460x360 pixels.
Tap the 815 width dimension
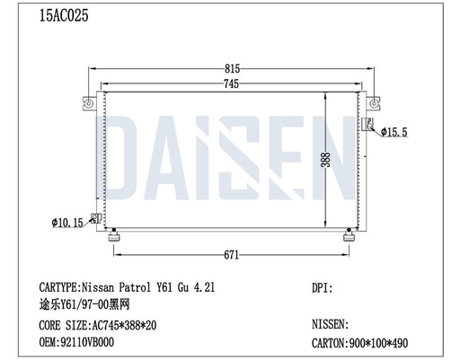[231, 68]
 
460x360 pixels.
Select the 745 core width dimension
[231, 83]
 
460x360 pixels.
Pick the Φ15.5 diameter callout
[394, 133]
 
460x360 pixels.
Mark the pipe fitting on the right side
[367, 126]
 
